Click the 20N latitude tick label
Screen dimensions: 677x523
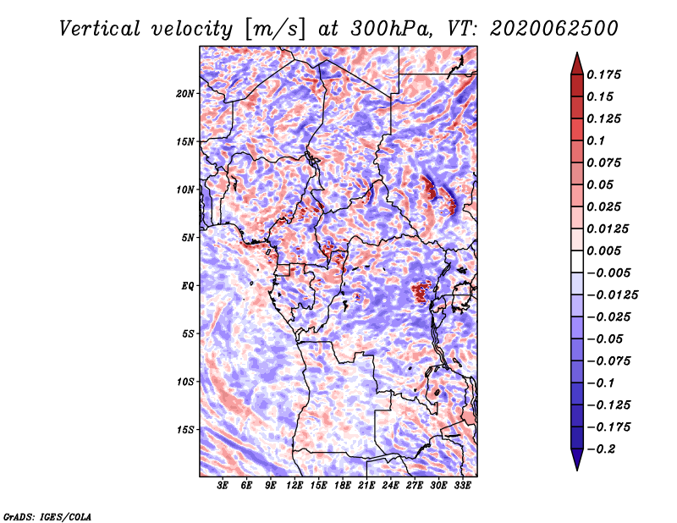point(184,94)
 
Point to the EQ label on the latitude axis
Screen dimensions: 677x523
point(187,286)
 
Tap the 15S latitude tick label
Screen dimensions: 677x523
point(185,430)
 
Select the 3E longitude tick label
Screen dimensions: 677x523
point(223,486)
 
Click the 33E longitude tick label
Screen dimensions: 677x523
point(462,486)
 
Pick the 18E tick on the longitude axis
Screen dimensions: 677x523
point(343,486)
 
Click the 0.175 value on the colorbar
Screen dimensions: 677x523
point(603,74)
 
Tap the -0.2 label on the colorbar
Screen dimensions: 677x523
point(601,449)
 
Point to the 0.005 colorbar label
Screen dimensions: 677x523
point(603,250)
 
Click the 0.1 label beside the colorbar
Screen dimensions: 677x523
point(596,140)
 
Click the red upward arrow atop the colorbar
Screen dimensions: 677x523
point(577,63)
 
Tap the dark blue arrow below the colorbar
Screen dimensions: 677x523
point(577,460)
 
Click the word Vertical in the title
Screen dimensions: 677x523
point(100,29)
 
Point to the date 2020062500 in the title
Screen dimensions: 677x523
point(554,29)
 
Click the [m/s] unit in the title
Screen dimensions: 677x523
point(275,29)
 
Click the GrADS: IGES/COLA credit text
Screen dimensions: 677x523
point(47,516)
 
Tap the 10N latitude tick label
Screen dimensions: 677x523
point(184,190)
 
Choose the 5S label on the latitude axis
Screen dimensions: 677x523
point(188,333)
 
